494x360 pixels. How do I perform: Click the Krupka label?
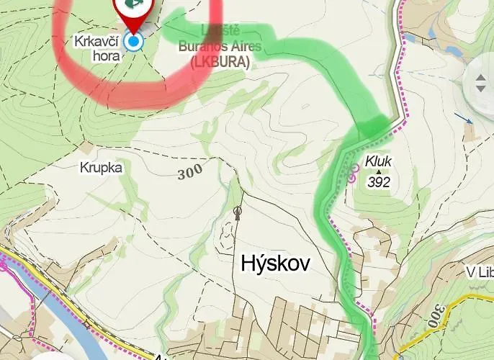(x=102, y=168)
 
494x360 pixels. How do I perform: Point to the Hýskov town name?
(x=275, y=264)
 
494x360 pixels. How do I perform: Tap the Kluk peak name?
(x=379, y=161)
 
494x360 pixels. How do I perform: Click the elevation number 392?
(x=379, y=182)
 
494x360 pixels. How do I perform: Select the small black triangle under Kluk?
(x=379, y=172)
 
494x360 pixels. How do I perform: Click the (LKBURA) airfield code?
(x=220, y=63)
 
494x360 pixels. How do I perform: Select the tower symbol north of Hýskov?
(x=238, y=212)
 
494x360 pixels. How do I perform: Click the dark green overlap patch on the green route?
(x=372, y=128)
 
